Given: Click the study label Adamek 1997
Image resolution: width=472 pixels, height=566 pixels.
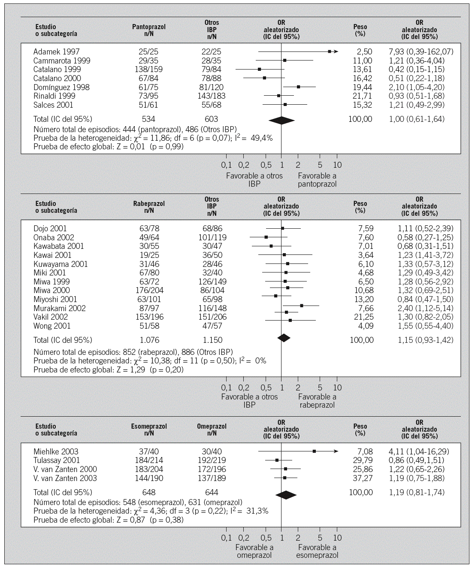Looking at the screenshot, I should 56,52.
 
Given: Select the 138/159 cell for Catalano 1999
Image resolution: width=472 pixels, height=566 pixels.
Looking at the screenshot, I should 148,70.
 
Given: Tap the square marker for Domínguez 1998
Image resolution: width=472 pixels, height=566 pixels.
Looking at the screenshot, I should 298,87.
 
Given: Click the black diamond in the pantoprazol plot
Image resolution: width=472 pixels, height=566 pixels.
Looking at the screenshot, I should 281,121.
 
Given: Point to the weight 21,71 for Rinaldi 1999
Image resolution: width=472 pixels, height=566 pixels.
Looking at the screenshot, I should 362,96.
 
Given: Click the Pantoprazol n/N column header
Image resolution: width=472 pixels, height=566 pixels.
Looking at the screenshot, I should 149,30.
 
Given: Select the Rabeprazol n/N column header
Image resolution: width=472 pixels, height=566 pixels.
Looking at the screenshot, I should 149,207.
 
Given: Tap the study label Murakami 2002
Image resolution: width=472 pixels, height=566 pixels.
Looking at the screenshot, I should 59,309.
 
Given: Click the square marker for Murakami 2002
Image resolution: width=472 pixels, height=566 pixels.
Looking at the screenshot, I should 302,306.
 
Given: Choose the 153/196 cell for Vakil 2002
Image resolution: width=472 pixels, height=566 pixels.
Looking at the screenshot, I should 148,317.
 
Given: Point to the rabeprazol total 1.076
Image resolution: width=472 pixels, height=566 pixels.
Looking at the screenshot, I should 148,340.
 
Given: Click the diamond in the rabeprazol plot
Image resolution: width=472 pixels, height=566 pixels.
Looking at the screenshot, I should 284,338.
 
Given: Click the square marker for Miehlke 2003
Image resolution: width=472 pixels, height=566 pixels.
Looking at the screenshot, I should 314,451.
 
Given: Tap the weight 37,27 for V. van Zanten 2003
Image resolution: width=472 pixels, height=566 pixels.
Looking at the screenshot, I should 362,478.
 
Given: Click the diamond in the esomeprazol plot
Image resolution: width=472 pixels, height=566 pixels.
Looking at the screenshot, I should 286,495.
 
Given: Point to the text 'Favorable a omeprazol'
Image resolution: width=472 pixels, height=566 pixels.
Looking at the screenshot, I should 254,551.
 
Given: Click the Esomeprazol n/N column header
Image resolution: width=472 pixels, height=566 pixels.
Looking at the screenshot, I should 149,430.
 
